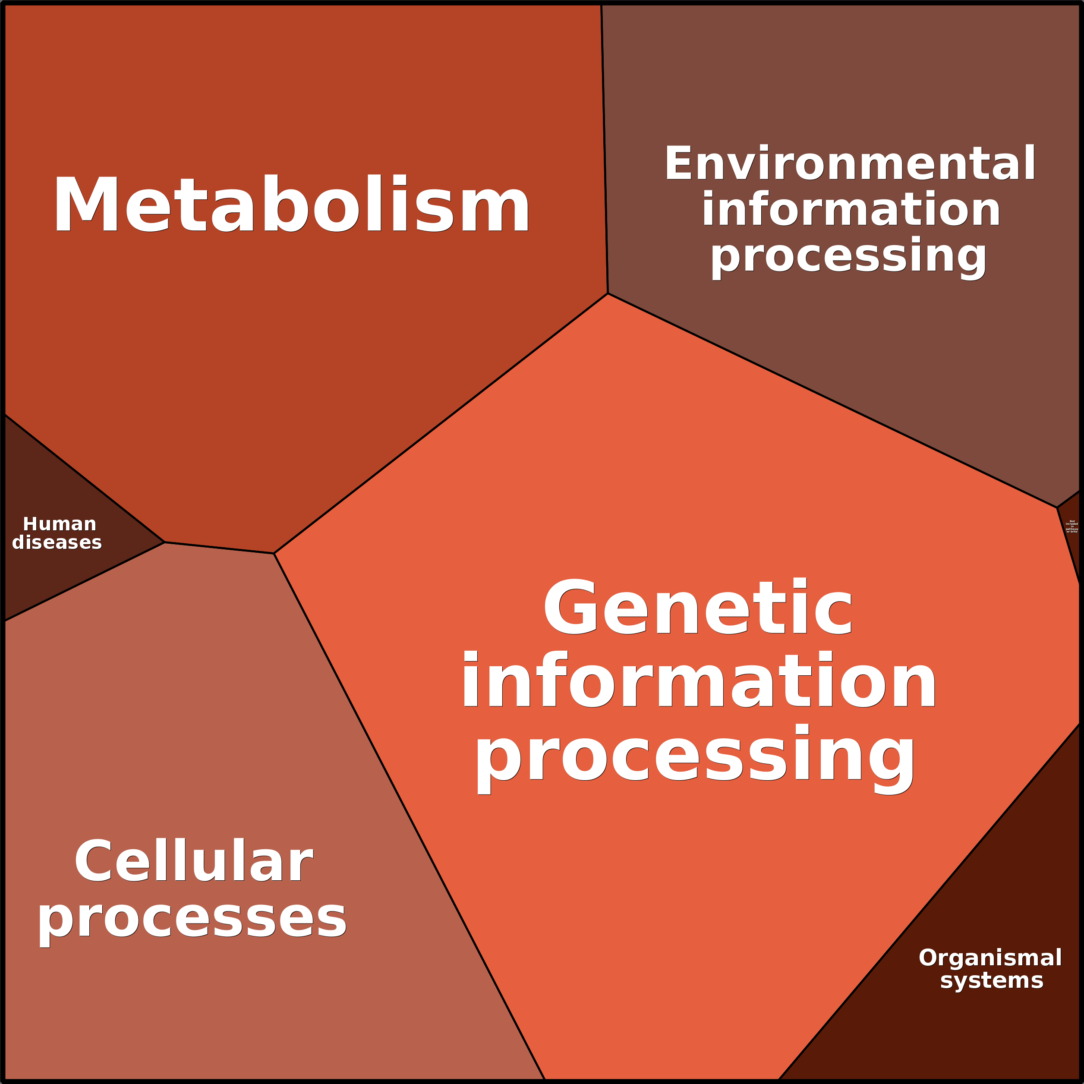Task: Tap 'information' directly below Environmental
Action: point(851,209)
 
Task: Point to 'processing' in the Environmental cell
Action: point(848,255)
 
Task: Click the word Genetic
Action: point(697,608)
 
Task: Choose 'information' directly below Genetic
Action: point(699,680)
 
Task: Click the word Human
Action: point(60,524)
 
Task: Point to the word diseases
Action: point(57,542)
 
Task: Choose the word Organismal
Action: point(990,958)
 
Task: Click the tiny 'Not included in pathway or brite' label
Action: point(1071,526)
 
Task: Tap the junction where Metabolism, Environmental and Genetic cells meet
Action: point(608,293)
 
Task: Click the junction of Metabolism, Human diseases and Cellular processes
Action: point(164,542)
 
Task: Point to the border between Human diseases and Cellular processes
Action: point(84,582)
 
